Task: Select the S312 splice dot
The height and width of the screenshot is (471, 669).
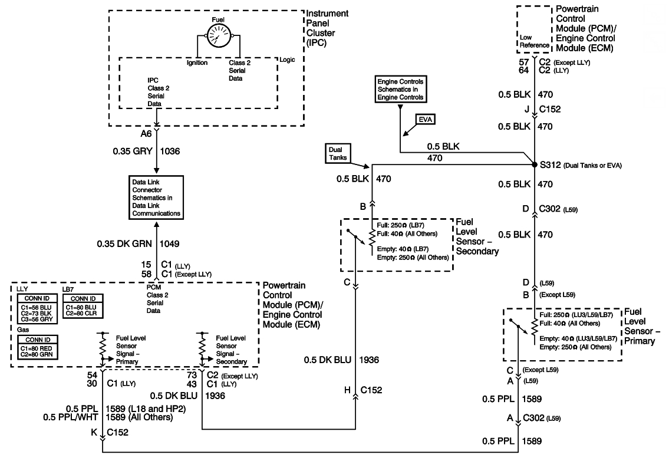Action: pyautogui.click(x=534, y=165)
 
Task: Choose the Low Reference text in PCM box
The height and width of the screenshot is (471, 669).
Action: pyautogui.click(x=534, y=41)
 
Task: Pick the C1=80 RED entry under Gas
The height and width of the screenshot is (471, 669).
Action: pyautogui.click(x=34, y=348)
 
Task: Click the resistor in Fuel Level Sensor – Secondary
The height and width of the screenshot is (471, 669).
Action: pyautogui.click(x=371, y=238)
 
